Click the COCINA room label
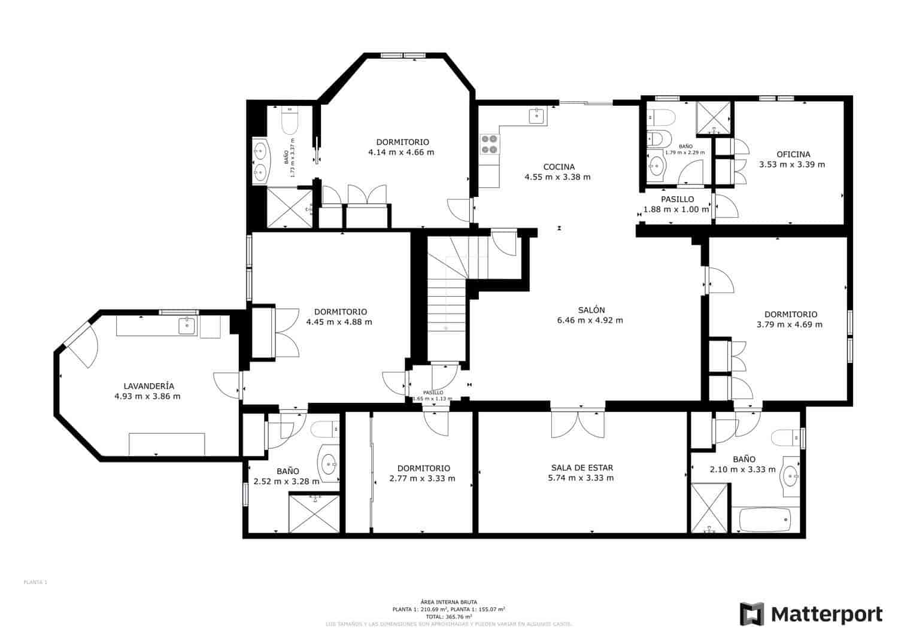[558, 167]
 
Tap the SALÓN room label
[591, 310]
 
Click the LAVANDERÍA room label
[148, 386]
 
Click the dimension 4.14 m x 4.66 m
[401, 153]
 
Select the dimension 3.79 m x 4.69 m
[790, 324]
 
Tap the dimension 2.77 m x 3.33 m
[423, 478]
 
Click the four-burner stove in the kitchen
[489, 144]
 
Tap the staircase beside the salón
[446, 299]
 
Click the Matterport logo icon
[752, 614]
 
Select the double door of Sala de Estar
[578, 424]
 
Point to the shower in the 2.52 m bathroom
[314, 513]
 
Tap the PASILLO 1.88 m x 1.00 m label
[676, 204]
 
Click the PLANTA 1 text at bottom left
[35, 582]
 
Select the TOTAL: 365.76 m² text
[448, 616]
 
